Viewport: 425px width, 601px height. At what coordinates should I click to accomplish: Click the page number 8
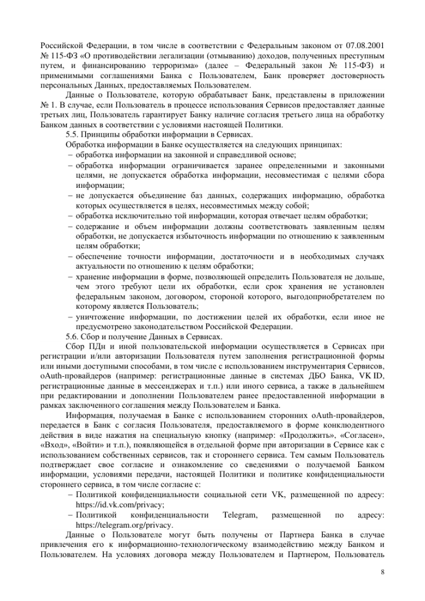point(382,572)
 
